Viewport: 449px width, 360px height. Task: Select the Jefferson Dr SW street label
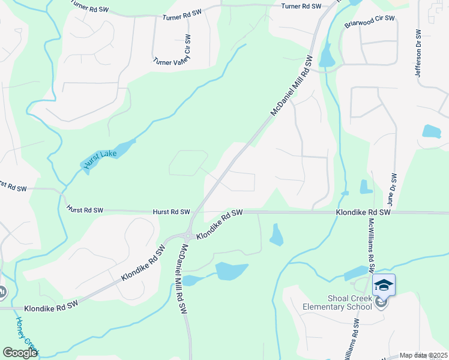[418, 54]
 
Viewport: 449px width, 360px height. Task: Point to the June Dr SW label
[394, 192]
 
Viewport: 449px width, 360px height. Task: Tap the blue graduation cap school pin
[384, 284]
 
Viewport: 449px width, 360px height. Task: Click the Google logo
[20, 353]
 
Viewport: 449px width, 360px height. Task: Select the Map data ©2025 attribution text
[423, 355]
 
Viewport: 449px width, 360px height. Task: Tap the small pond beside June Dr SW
[366, 187]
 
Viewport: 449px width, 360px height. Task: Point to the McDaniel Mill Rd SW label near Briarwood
[292, 86]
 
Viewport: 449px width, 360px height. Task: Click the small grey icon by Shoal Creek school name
[381, 302]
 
